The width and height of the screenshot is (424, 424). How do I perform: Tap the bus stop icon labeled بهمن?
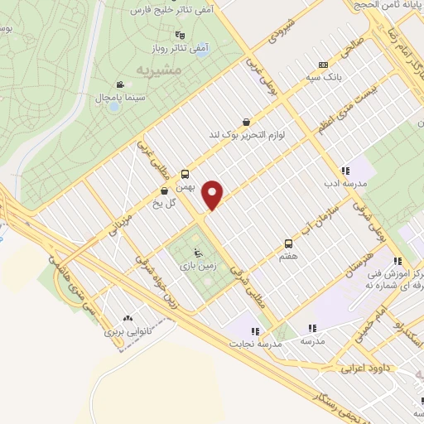(x=185, y=174)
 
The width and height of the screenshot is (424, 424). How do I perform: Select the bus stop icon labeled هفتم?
(x=288, y=243)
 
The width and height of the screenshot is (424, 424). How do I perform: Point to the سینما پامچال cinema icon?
(x=121, y=84)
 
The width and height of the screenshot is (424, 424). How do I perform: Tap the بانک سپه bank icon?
(x=323, y=65)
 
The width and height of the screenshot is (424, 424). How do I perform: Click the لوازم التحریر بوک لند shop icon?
(x=246, y=122)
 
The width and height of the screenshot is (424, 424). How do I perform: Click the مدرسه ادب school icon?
(x=344, y=171)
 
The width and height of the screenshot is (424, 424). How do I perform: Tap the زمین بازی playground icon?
(x=195, y=253)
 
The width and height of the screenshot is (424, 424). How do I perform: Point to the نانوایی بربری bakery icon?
(x=128, y=318)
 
